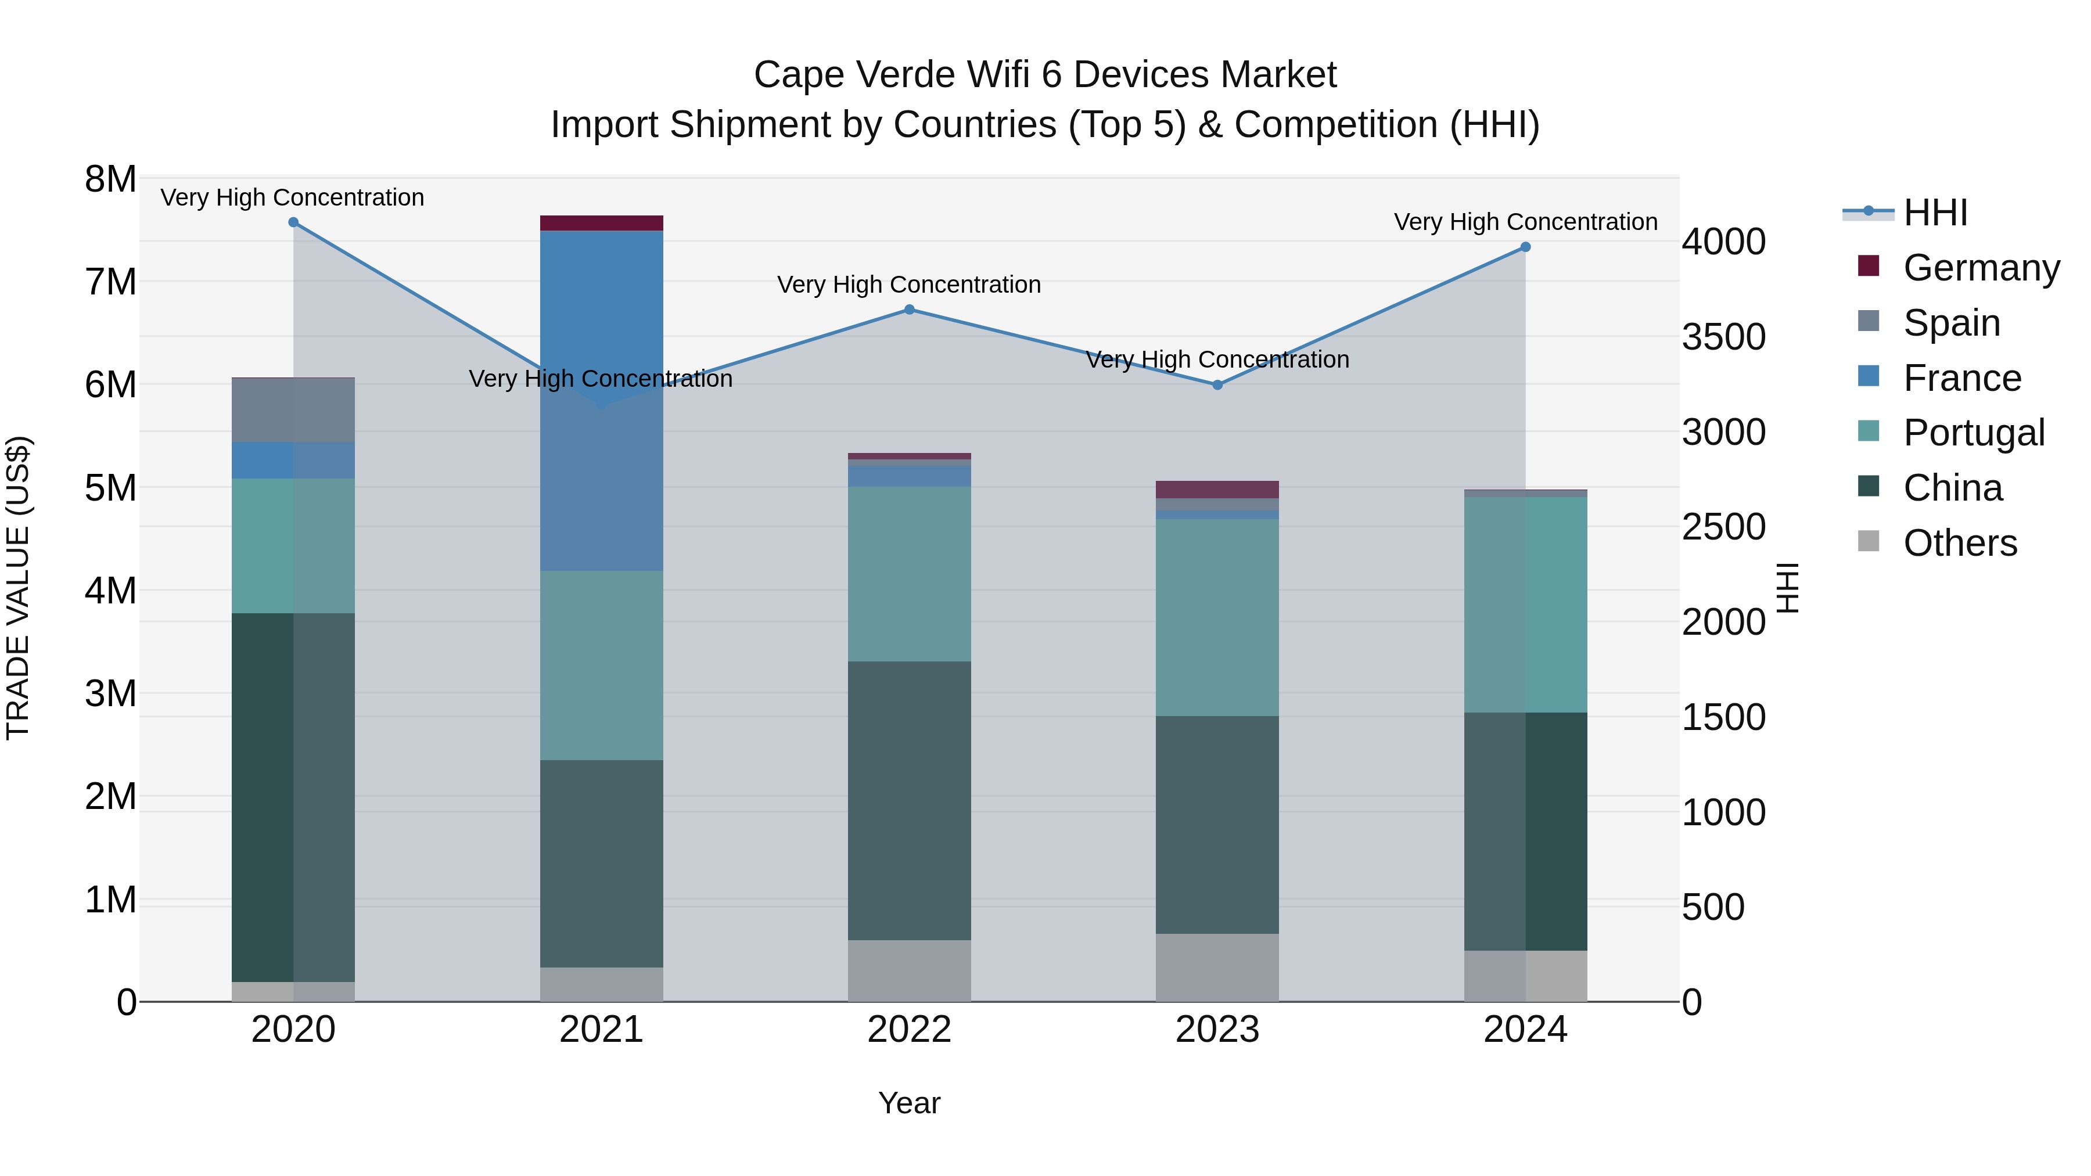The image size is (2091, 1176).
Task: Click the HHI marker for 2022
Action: (x=909, y=309)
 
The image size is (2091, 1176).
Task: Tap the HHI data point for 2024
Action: (x=1525, y=247)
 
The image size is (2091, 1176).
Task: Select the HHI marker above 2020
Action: (x=293, y=222)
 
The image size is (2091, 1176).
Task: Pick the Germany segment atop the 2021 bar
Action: (x=602, y=222)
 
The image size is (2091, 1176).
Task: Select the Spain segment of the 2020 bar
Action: (x=293, y=410)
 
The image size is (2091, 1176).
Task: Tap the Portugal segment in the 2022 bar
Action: (x=909, y=573)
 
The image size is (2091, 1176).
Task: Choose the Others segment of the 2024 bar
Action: (x=1525, y=976)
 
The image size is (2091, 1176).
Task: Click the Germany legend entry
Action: (x=1981, y=268)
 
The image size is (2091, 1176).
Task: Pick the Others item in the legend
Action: (x=1960, y=543)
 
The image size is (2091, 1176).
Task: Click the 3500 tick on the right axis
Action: (x=1723, y=337)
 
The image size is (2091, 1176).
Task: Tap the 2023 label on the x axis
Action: (x=1217, y=1029)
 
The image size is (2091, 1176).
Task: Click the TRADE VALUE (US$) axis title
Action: (x=18, y=588)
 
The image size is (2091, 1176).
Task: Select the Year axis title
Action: (x=909, y=1103)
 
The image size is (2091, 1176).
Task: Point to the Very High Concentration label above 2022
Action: (x=909, y=285)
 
